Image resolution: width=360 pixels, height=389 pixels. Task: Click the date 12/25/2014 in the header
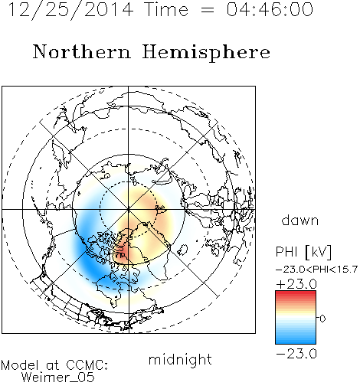click(70, 10)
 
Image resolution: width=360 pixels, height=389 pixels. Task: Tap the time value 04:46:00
click(270, 9)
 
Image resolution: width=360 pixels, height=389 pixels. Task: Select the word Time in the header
click(166, 9)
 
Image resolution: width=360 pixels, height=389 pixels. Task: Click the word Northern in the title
click(81, 51)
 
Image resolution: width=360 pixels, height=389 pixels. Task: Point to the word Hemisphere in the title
click(206, 52)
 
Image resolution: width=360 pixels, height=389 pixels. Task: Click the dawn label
click(300, 220)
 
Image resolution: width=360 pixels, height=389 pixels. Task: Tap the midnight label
click(180, 359)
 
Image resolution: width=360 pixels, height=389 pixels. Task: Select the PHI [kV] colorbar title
click(303, 252)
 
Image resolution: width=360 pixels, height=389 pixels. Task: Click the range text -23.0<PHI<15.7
click(316, 270)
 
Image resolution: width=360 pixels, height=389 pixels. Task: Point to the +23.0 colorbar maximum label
click(296, 284)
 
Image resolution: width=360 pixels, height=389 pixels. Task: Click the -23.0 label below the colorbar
click(296, 354)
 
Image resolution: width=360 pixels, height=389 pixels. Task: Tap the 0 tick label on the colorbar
click(322, 319)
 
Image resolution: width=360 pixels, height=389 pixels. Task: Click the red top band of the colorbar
click(296, 294)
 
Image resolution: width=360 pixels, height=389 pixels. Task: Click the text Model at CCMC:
click(54, 365)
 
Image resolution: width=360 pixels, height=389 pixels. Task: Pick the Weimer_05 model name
click(58, 378)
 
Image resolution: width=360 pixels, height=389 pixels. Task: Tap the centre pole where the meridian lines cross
click(129, 209)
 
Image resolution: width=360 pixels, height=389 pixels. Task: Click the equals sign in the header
click(208, 10)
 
